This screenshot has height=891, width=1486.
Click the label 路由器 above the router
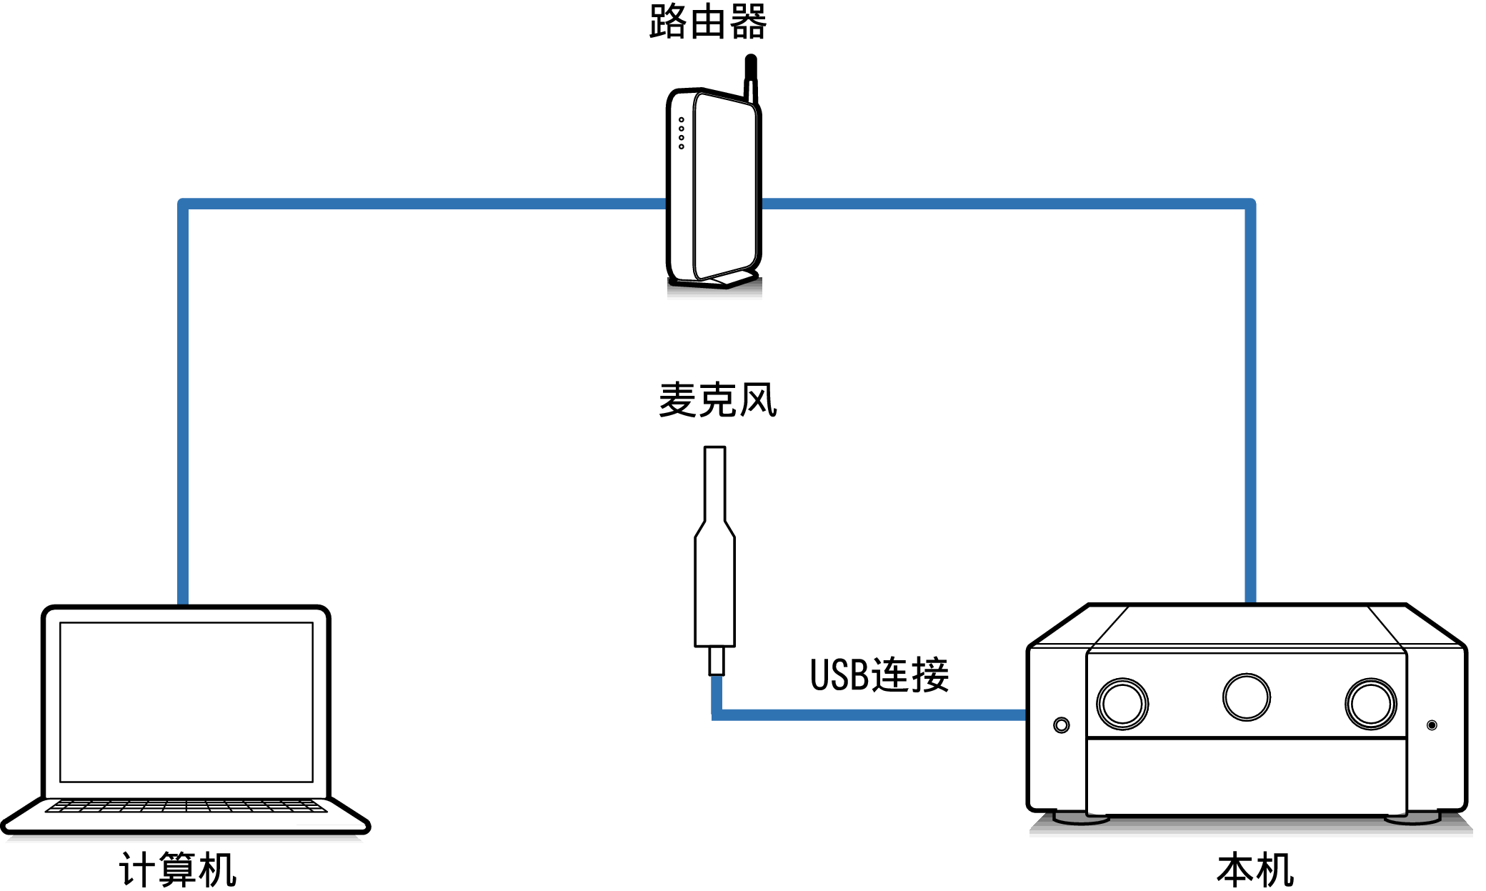(x=707, y=22)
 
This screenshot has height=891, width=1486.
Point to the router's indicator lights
(x=682, y=134)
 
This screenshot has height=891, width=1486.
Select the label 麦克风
(x=717, y=400)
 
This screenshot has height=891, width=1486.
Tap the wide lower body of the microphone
(x=714, y=593)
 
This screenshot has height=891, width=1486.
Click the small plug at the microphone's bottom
(x=716, y=661)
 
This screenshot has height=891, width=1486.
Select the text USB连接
(x=879, y=675)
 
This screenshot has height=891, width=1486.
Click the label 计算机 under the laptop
(x=178, y=870)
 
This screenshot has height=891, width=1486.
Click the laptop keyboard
(x=186, y=807)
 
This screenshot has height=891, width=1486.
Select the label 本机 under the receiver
(x=1255, y=870)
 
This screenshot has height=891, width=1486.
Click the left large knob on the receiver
(x=1122, y=704)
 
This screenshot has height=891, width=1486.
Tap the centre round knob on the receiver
(x=1246, y=697)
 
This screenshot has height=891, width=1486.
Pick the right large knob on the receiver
(x=1370, y=704)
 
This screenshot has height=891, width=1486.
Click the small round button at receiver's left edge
(x=1062, y=725)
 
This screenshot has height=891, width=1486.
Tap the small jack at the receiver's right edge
(x=1432, y=725)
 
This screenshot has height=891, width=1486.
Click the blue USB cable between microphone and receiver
(x=872, y=715)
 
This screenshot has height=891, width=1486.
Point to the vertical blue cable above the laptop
(x=183, y=400)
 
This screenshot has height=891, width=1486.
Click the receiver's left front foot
(x=1080, y=818)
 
